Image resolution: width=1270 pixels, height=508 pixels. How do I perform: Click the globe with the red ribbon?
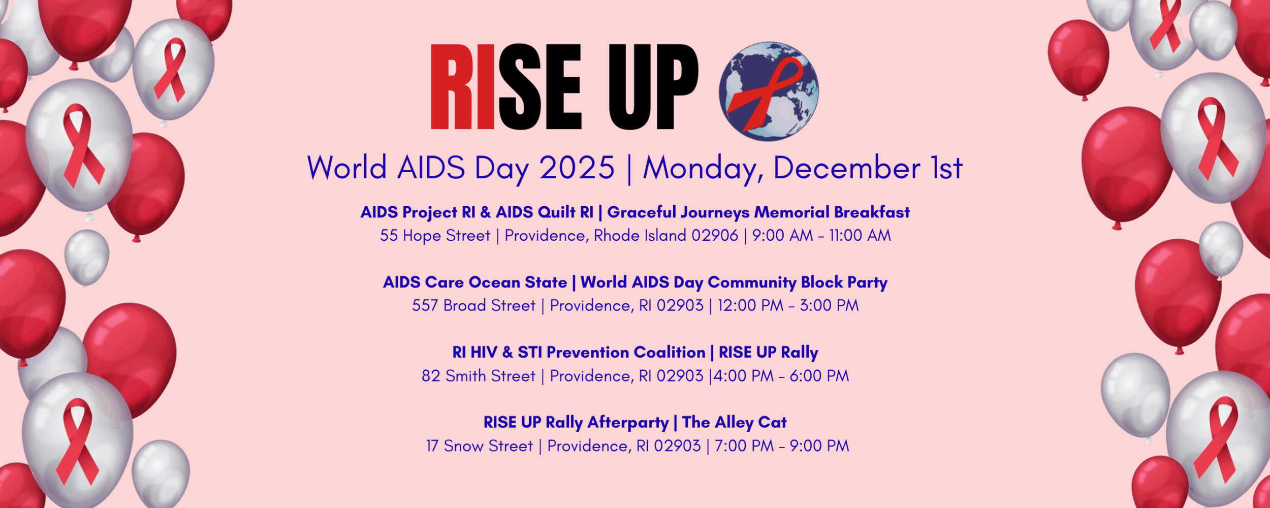click(x=769, y=91)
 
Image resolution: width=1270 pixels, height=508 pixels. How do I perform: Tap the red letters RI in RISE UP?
click(x=462, y=87)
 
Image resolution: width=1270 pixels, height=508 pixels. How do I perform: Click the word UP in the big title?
click(x=654, y=87)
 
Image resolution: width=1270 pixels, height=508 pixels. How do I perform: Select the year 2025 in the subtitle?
click(x=577, y=168)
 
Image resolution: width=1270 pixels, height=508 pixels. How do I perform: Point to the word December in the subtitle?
click(x=847, y=168)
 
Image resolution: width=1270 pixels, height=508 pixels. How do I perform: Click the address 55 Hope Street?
click(x=435, y=236)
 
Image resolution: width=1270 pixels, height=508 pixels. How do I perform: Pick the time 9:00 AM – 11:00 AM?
click(x=821, y=236)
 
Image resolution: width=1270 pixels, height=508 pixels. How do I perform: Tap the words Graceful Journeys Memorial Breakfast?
click(x=758, y=212)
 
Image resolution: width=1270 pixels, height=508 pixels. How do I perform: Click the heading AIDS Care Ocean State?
click(x=475, y=282)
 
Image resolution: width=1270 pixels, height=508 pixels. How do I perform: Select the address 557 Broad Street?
click(x=473, y=306)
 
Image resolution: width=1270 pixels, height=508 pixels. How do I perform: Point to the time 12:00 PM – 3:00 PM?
click(x=788, y=306)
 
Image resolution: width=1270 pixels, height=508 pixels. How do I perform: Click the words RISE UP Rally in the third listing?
click(x=769, y=353)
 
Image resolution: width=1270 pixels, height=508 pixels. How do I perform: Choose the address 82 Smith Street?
click(x=479, y=376)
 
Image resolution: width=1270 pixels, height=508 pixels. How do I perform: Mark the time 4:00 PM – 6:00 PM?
click(x=781, y=376)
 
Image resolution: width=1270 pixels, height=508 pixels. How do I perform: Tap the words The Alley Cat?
click(x=735, y=423)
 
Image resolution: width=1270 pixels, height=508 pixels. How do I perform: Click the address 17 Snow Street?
click(x=480, y=446)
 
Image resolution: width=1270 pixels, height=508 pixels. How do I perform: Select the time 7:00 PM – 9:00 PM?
click(x=782, y=446)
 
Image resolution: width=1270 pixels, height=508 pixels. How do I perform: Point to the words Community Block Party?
click(x=798, y=282)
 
